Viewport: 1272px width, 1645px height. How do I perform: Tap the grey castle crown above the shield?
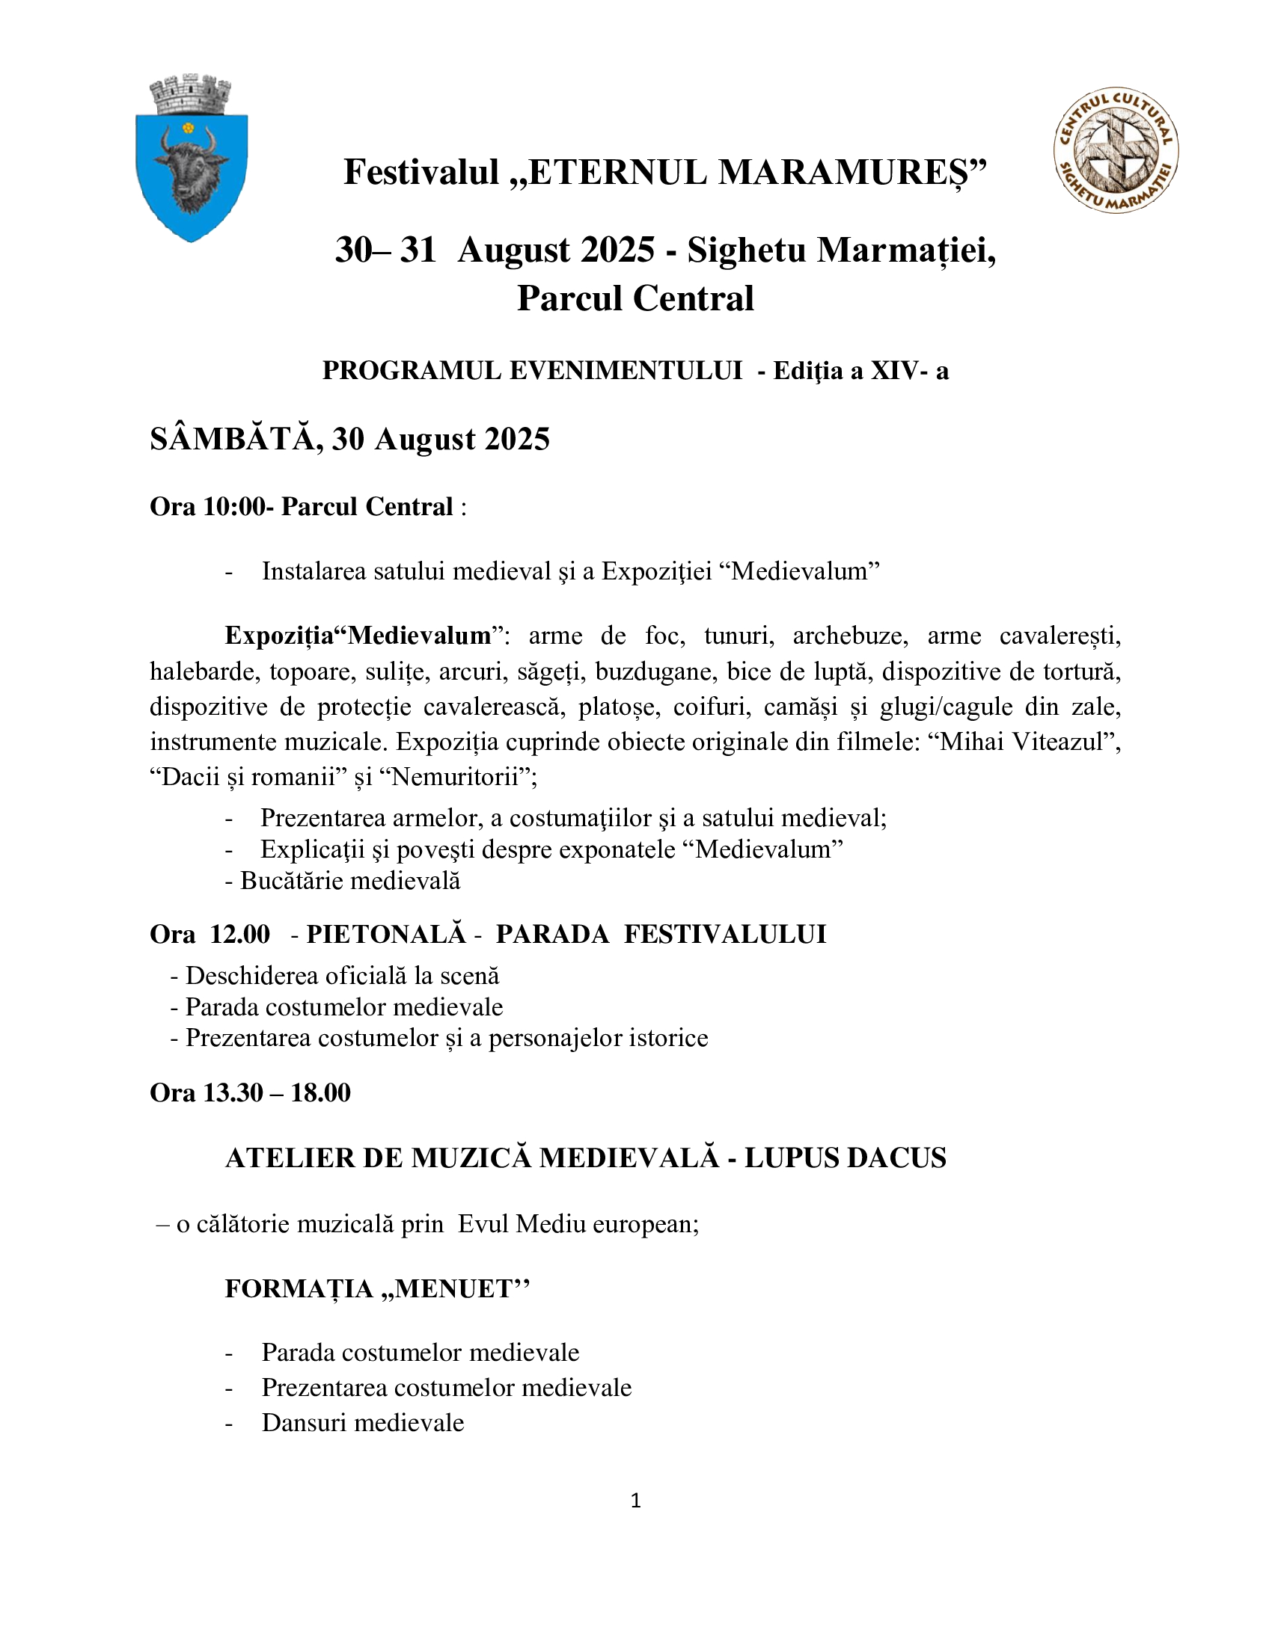(x=190, y=94)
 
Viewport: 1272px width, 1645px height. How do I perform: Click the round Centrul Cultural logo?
(x=1116, y=149)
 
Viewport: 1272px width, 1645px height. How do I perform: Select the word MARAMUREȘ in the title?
(x=846, y=173)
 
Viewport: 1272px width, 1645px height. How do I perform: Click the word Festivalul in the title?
(x=421, y=173)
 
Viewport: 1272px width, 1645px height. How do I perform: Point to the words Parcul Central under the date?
(x=635, y=298)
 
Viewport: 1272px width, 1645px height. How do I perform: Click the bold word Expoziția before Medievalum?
(x=279, y=636)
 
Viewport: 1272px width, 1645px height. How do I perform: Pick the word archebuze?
(x=850, y=636)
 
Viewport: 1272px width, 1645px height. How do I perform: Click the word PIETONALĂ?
(x=386, y=934)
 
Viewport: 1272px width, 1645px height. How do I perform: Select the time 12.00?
(x=239, y=934)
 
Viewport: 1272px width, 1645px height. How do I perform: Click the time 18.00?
(x=320, y=1092)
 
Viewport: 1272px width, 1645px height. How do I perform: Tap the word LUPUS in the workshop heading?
(x=787, y=1157)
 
